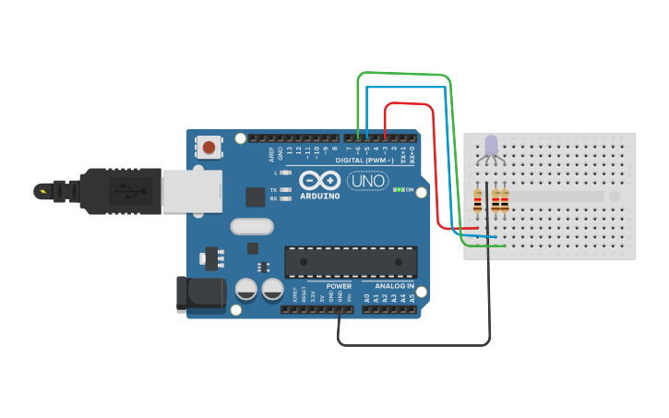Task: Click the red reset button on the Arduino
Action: click(209, 147)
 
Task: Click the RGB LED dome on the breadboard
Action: click(490, 145)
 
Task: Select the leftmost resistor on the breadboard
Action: click(477, 200)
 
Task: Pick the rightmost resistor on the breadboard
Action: click(505, 200)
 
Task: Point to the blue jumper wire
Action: click(406, 88)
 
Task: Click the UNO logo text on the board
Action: click(367, 181)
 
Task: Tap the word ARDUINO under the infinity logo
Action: click(320, 195)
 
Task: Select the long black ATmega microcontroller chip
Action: click(351, 261)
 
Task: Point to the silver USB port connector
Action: click(192, 191)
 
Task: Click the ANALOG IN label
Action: click(395, 286)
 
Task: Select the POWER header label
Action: click(338, 286)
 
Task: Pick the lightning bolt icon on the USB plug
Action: click(42, 192)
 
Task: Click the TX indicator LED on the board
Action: click(286, 190)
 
